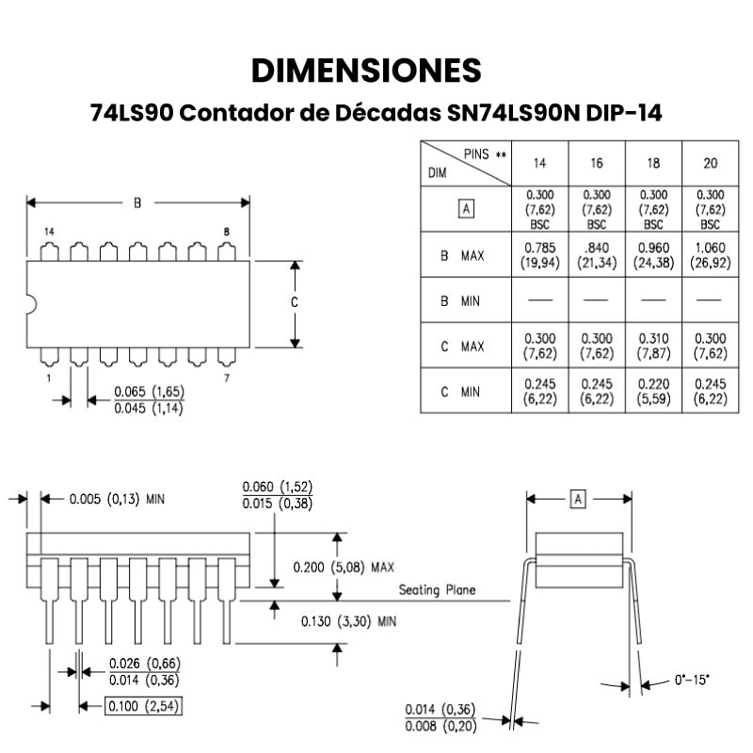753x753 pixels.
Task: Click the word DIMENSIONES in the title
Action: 366,71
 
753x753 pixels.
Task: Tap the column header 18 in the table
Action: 653,164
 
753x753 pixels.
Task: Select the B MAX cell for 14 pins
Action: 539,255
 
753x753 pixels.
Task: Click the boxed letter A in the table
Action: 465,209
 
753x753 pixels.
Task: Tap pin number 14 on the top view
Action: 49,232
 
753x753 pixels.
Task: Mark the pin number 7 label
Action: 227,377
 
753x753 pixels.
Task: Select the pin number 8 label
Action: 227,232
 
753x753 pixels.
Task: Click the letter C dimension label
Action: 294,303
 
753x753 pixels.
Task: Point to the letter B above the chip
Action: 137,202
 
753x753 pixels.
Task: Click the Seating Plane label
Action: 437,590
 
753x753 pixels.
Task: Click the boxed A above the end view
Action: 578,499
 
